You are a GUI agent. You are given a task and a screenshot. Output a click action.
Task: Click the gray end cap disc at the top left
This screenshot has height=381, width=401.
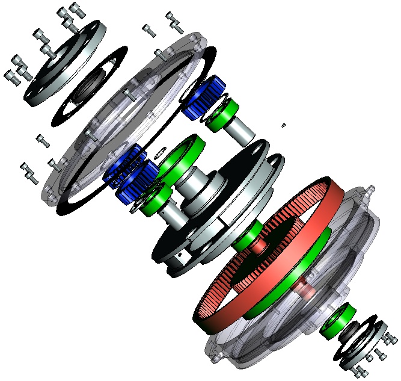pyautogui.click(x=66, y=60)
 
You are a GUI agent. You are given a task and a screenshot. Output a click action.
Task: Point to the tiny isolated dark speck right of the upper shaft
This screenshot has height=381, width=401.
pyautogui.click(x=284, y=125)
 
